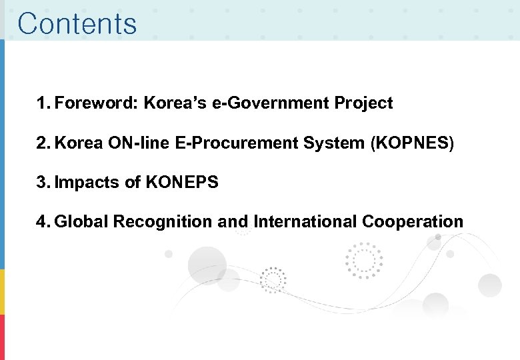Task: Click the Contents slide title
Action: pos(77,23)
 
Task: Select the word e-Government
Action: pos(275,103)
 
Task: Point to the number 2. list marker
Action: pos(43,143)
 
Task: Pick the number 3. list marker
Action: pos(43,182)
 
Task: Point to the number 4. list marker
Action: pos(43,221)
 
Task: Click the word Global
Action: pos(81,221)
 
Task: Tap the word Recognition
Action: pos(163,221)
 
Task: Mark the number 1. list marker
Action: pos(43,103)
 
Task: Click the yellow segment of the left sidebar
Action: pos(3,292)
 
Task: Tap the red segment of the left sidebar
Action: pos(3,337)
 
